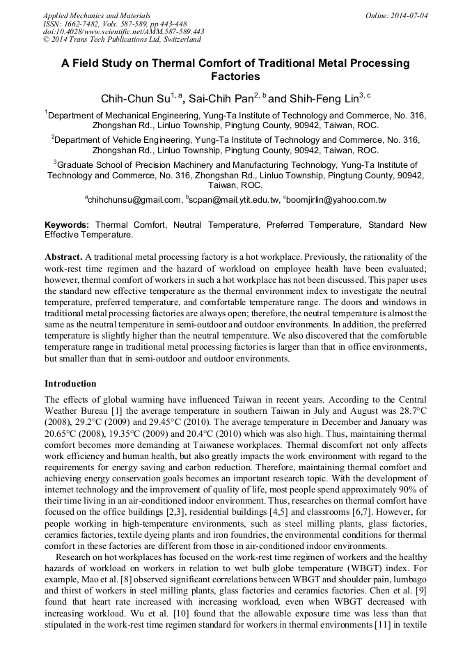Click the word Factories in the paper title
click(x=235, y=77)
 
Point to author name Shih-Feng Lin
click(x=323, y=98)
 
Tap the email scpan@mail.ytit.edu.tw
click(x=233, y=200)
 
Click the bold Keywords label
click(x=67, y=226)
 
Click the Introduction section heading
click(x=70, y=384)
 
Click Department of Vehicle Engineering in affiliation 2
click(x=128, y=140)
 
